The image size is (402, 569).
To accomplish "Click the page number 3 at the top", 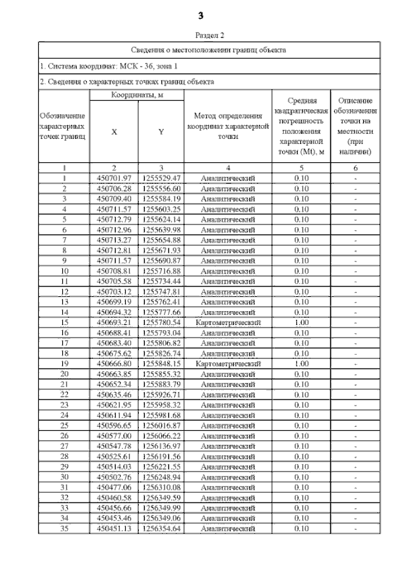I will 201,14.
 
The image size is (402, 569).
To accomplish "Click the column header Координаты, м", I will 138,94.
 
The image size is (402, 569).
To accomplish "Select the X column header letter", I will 114,133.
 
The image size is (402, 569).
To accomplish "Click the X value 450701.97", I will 114,178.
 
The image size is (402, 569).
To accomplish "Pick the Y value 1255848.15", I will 161,363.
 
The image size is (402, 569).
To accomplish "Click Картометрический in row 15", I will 228,322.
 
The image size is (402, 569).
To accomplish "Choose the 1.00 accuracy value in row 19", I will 301,363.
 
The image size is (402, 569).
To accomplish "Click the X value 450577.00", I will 114,435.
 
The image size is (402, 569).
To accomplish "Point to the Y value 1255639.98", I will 161,229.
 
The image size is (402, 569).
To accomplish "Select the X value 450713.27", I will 114,240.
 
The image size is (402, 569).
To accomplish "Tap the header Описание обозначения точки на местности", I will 356,126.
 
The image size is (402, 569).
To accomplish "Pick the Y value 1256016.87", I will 161,424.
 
